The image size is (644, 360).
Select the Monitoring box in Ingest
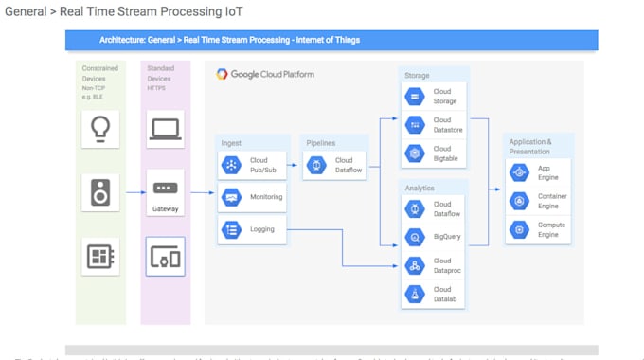[x=254, y=197]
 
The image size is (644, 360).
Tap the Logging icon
[x=231, y=228]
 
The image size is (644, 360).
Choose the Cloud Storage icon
[x=415, y=96]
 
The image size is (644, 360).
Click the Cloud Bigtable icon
[x=415, y=153]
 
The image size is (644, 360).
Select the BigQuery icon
[x=415, y=236]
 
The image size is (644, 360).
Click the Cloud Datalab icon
[x=415, y=295]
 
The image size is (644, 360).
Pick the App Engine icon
[x=519, y=171]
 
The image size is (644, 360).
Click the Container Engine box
[x=538, y=200]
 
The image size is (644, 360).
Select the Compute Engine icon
[x=519, y=228]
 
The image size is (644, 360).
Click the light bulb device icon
[x=99, y=129]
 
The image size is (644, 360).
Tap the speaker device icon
[x=99, y=191]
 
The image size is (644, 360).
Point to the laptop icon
[x=166, y=129]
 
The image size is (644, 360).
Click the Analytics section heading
[x=420, y=188]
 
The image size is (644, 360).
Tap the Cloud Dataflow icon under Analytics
[x=415, y=207]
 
